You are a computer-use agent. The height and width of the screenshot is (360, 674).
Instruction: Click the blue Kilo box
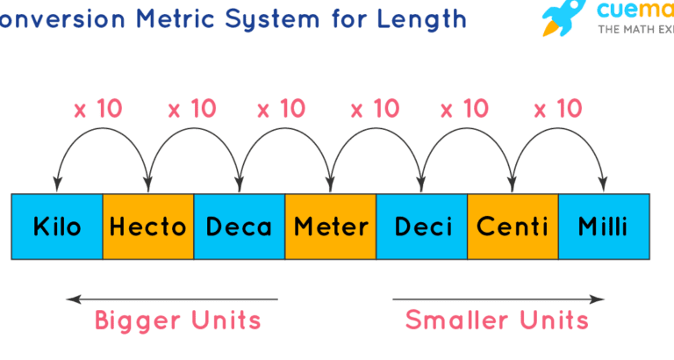(57, 227)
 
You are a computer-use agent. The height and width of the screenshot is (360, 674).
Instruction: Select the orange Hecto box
(147, 227)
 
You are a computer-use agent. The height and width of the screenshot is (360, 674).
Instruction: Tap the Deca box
(239, 227)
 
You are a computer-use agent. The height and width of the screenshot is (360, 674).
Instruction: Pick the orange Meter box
(330, 227)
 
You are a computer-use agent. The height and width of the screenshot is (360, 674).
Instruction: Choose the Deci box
(421, 227)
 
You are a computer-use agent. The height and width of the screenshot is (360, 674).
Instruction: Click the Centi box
(513, 227)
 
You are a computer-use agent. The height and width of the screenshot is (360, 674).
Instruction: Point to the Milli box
(604, 227)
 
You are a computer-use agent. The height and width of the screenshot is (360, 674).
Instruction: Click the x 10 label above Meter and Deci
(375, 110)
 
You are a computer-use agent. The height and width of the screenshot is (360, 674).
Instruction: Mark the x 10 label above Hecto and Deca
(191, 110)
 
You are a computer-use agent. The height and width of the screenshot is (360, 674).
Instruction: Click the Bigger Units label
(177, 320)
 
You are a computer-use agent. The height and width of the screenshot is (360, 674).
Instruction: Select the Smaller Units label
(497, 320)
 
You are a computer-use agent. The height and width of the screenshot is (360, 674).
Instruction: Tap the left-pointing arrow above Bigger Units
(172, 299)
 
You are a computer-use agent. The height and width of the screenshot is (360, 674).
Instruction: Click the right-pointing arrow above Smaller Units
(498, 299)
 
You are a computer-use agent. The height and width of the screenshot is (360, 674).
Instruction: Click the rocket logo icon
(562, 18)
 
